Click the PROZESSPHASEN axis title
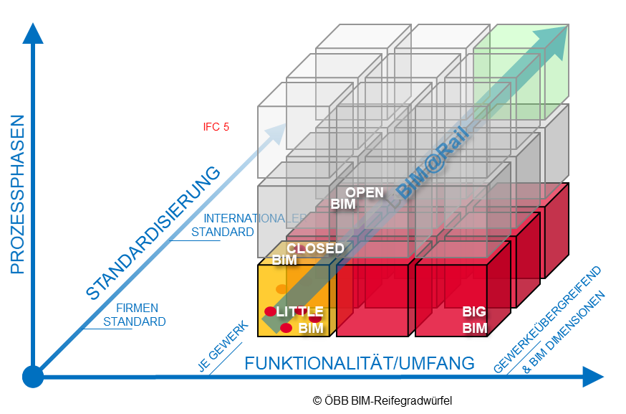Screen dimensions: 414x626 17,194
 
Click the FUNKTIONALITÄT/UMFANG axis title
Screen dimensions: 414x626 359,363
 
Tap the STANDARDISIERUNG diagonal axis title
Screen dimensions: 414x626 153,232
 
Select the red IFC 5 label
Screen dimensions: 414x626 216,127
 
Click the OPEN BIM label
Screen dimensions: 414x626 357,198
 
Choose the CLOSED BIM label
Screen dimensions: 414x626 308,254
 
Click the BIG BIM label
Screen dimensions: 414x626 474,320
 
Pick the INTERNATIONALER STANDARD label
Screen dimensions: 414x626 244,225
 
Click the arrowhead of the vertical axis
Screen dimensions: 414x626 33,33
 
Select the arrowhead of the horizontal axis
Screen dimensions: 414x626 592,376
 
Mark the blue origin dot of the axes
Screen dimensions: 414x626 33,376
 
